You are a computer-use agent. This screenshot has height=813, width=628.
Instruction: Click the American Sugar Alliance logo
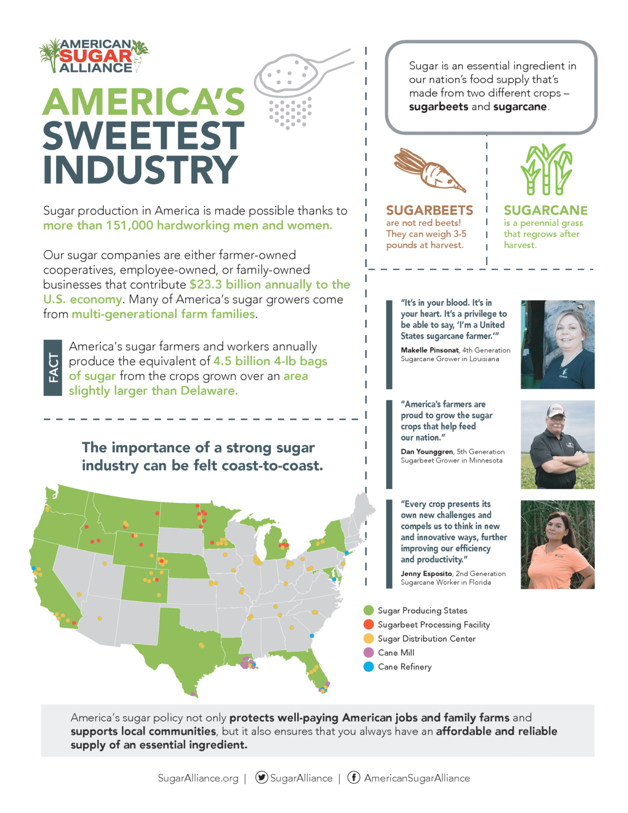(x=94, y=56)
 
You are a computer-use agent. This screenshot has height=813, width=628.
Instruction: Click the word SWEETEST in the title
(x=143, y=135)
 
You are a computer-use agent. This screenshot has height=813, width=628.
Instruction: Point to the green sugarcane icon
(x=546, y=169)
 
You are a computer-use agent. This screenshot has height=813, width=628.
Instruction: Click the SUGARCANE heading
(x=545, y=210)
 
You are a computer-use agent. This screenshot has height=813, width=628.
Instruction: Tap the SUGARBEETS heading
(x=430, y=210)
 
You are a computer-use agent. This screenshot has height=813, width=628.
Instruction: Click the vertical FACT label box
(x=53, y=368)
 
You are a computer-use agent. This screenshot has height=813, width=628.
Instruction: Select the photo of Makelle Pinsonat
(x=557, y=345)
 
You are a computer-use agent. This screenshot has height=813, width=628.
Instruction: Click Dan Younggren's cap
(x=556, y=410)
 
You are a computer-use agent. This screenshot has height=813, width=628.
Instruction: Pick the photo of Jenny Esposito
(x=557, y=544)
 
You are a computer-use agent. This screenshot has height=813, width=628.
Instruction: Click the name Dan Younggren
(x=427, y=451)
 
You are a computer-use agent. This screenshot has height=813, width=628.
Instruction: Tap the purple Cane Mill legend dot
(x=369, y=653)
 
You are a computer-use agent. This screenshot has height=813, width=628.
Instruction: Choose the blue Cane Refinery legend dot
(x=369, y=667)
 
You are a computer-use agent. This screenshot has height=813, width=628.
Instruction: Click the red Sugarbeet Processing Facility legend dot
(x=369, y=625)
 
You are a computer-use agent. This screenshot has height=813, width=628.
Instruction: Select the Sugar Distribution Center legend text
(x=426, y=639)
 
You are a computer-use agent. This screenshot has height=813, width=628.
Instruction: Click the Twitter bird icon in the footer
(x=261, y=777)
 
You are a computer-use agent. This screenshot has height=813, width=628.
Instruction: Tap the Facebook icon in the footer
(x=354, y=777)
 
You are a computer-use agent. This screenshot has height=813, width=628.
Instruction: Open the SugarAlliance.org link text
(x=198, y=778)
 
